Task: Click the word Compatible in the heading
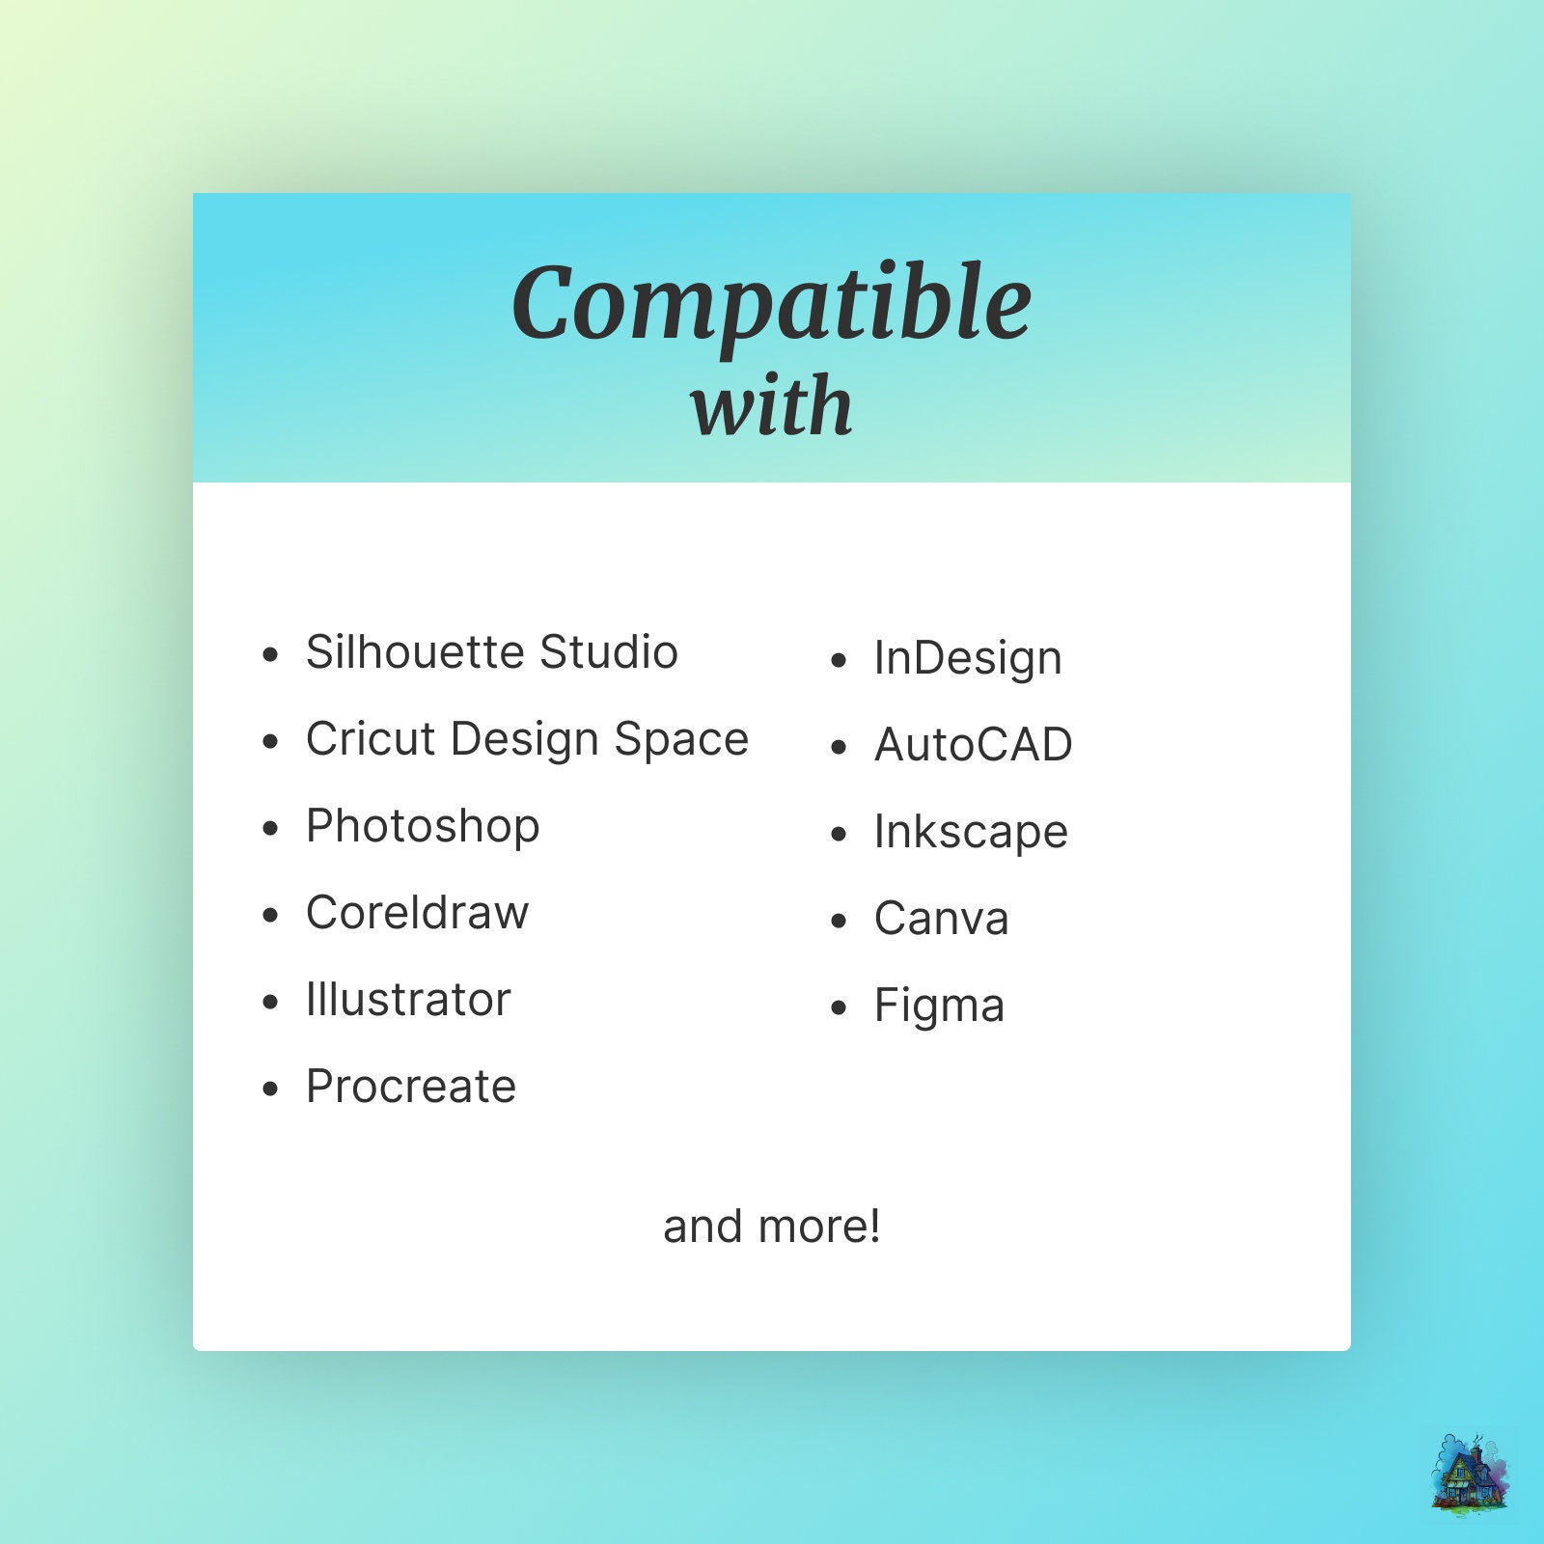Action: tap(772, 303)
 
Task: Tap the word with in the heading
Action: tap(772, 405)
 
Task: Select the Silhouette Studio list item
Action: tap(492, 652)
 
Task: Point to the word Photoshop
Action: tap(423, 827)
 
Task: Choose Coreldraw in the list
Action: tap(418, 913)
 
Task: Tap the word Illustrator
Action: tap(408, 1000)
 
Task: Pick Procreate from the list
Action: tap(411, 1087)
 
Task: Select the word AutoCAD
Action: tap(974, 745)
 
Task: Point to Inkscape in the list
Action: tap(971, 833)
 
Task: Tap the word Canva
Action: tap(942, 919)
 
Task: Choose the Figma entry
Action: tap(940, 1006)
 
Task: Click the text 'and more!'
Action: tap(772, 1227)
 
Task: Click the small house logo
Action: tap(1471, 1471)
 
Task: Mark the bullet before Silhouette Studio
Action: tap(270, 654)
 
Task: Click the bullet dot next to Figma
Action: tap(839, 1007)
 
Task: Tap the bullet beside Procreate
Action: tap(270, 1089)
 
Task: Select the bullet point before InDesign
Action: tap(839, 660)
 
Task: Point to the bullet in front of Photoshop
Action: tap(270, 828)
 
